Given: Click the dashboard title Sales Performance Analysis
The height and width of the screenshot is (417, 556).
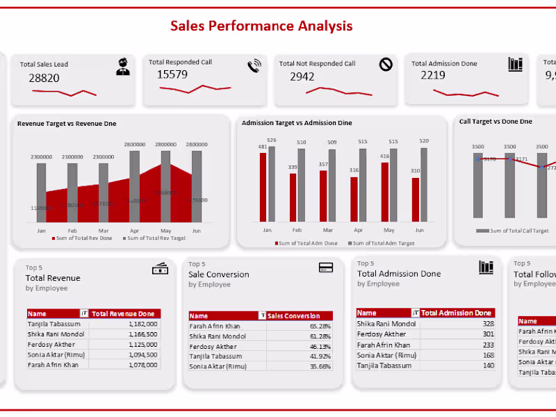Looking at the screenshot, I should tap(261, 26).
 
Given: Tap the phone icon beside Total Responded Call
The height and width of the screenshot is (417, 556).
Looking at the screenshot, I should tap(254, 66).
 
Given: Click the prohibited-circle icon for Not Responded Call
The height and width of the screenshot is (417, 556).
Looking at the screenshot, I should tap(386, 65).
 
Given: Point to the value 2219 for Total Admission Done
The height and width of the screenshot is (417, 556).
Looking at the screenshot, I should tap(433, 75).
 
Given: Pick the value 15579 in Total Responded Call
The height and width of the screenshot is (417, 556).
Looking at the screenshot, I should tap(172, 74).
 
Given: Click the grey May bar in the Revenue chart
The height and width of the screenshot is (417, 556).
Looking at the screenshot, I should tap(165, 184).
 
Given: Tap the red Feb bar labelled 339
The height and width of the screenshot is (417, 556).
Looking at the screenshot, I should tap(293, 197).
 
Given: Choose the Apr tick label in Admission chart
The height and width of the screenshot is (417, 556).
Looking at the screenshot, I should tap(358, 229).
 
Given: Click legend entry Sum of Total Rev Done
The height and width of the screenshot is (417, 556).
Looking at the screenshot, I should tap(82, 238).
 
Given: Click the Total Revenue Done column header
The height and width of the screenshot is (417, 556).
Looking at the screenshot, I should tap(125, 313).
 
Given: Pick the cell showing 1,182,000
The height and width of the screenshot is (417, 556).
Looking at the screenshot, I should tap(142, 324).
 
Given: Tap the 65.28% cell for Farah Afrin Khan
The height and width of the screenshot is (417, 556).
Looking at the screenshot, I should tap(320, 326).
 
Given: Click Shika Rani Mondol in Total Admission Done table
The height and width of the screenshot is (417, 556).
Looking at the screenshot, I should tap(386, 324).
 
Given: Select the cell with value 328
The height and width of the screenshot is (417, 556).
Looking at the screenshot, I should tap(488, 324).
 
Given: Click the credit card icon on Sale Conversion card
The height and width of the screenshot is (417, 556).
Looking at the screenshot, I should tap(325, 268).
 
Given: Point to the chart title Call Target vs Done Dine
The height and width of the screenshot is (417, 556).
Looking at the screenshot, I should tap(496, 122).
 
